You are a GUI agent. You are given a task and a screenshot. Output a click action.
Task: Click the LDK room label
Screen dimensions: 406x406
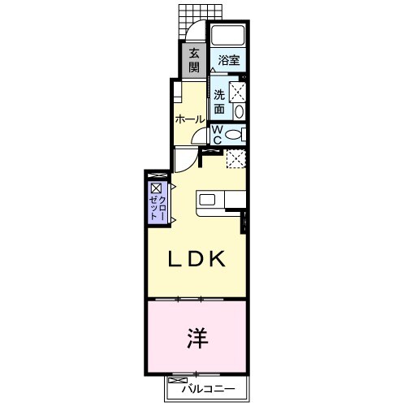(x=196, y=260)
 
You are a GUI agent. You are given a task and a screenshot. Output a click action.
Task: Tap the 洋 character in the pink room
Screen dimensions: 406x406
(x=197, y=335)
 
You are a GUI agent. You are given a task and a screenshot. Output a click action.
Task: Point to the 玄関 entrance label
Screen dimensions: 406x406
(x=194, y=61)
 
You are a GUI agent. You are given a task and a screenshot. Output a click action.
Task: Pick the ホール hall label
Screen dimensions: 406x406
(x=189, y=119)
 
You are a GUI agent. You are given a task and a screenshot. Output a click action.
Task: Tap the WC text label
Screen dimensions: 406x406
(x=218, y=134)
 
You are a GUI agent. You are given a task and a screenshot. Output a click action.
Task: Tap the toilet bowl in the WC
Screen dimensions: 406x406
(x=233, y=135)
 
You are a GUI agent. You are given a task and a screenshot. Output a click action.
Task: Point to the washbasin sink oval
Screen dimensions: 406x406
(x=237, y=112)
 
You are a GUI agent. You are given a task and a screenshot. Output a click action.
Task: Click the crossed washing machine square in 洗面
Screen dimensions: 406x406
(x=237, y=91)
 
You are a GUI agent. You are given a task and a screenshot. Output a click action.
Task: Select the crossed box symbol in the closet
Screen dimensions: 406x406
(x=154, y=188)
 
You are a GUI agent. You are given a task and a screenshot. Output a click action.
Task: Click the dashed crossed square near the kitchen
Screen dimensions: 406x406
(x=235, y=158)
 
